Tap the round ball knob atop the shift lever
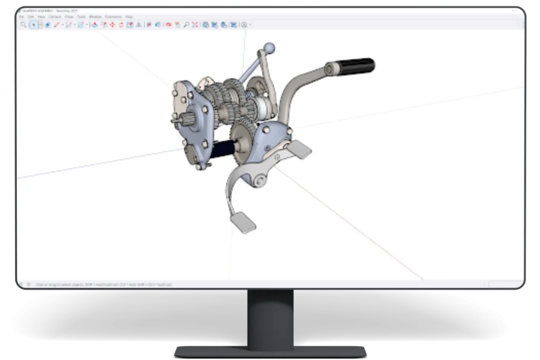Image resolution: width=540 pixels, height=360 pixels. tap(269, 48)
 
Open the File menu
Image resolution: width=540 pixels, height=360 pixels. tap(22, 17)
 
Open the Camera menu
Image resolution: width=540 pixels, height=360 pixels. tap(55, 17)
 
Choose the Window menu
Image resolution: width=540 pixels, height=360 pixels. tap(95, 17)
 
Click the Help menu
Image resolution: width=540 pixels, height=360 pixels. tap(129, 17)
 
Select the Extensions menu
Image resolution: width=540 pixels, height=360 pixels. tap(113, 17)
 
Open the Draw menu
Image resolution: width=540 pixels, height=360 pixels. tap(69, 17)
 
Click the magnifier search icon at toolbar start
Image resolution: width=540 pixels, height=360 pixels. tap(23, 25)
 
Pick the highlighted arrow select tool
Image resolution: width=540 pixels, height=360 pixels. tap(34, 25)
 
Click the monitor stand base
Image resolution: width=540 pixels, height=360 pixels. tap(270, 351)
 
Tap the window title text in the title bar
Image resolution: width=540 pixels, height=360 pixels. tap(49, 11)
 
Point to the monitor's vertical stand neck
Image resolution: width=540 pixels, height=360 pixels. tap(270, 316)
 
